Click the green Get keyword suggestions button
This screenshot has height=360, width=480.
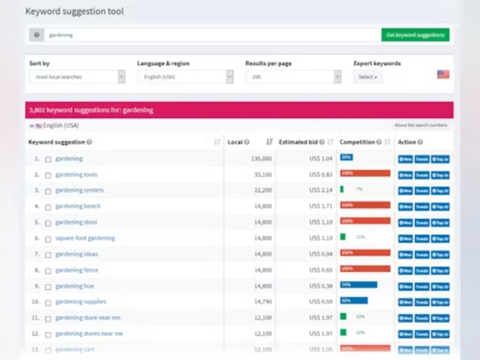(x=415, y=35)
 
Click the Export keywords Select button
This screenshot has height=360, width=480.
(x=367, y=76)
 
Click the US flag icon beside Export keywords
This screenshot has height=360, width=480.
(x=444, y=74)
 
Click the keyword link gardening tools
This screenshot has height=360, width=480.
(x=76, y=175)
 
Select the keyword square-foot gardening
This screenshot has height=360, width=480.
(x=84, y=238)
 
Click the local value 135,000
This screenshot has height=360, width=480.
(x=261, y=158)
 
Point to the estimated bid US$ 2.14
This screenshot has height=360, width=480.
(x=321, y=190)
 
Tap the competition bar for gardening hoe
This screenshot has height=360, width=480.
(x=358, y=285)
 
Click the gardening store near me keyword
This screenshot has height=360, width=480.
(x=88, y=317)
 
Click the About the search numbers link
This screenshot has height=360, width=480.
(x=420, y=125)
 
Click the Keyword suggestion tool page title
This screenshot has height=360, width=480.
(x=81, y=12)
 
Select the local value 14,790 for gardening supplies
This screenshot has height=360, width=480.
(x=262, y=301)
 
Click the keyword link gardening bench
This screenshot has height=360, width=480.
(x=78, y=206)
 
